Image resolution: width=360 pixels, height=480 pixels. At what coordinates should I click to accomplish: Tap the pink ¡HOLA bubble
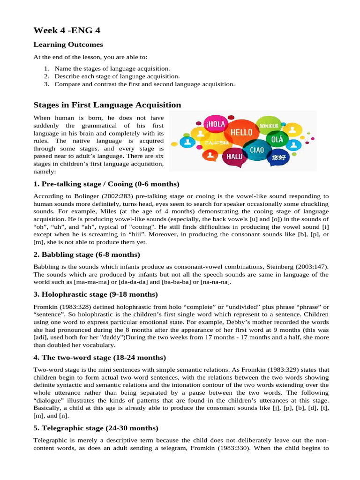tap(215, 125)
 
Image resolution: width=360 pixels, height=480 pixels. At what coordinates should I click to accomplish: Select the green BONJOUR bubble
tap(269, 126)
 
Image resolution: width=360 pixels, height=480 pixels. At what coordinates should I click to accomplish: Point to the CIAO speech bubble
tap(256, 150)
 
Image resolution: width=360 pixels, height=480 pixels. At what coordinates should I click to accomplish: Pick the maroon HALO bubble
tap(234, 157)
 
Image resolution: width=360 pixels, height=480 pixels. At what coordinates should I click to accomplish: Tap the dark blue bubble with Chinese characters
tap(278, 157)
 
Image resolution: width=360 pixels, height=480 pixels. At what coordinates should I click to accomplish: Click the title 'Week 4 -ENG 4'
tap(67, 30)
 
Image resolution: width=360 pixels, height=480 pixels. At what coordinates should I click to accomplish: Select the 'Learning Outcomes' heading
tap(68, 45)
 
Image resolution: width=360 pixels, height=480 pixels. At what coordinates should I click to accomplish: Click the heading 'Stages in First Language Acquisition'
tap(107, 105)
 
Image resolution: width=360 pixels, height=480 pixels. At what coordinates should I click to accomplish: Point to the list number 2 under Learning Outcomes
tap(47, 76)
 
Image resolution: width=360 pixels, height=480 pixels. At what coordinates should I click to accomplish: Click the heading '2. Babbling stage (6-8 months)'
tap(87, 255)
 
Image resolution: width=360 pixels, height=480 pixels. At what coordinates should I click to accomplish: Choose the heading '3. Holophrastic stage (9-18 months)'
tap(96, 294)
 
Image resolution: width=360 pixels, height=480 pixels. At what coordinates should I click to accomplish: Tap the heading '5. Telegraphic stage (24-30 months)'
tap(96, 428)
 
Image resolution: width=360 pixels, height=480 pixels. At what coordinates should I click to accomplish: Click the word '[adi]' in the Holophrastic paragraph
tap(41, 337)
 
